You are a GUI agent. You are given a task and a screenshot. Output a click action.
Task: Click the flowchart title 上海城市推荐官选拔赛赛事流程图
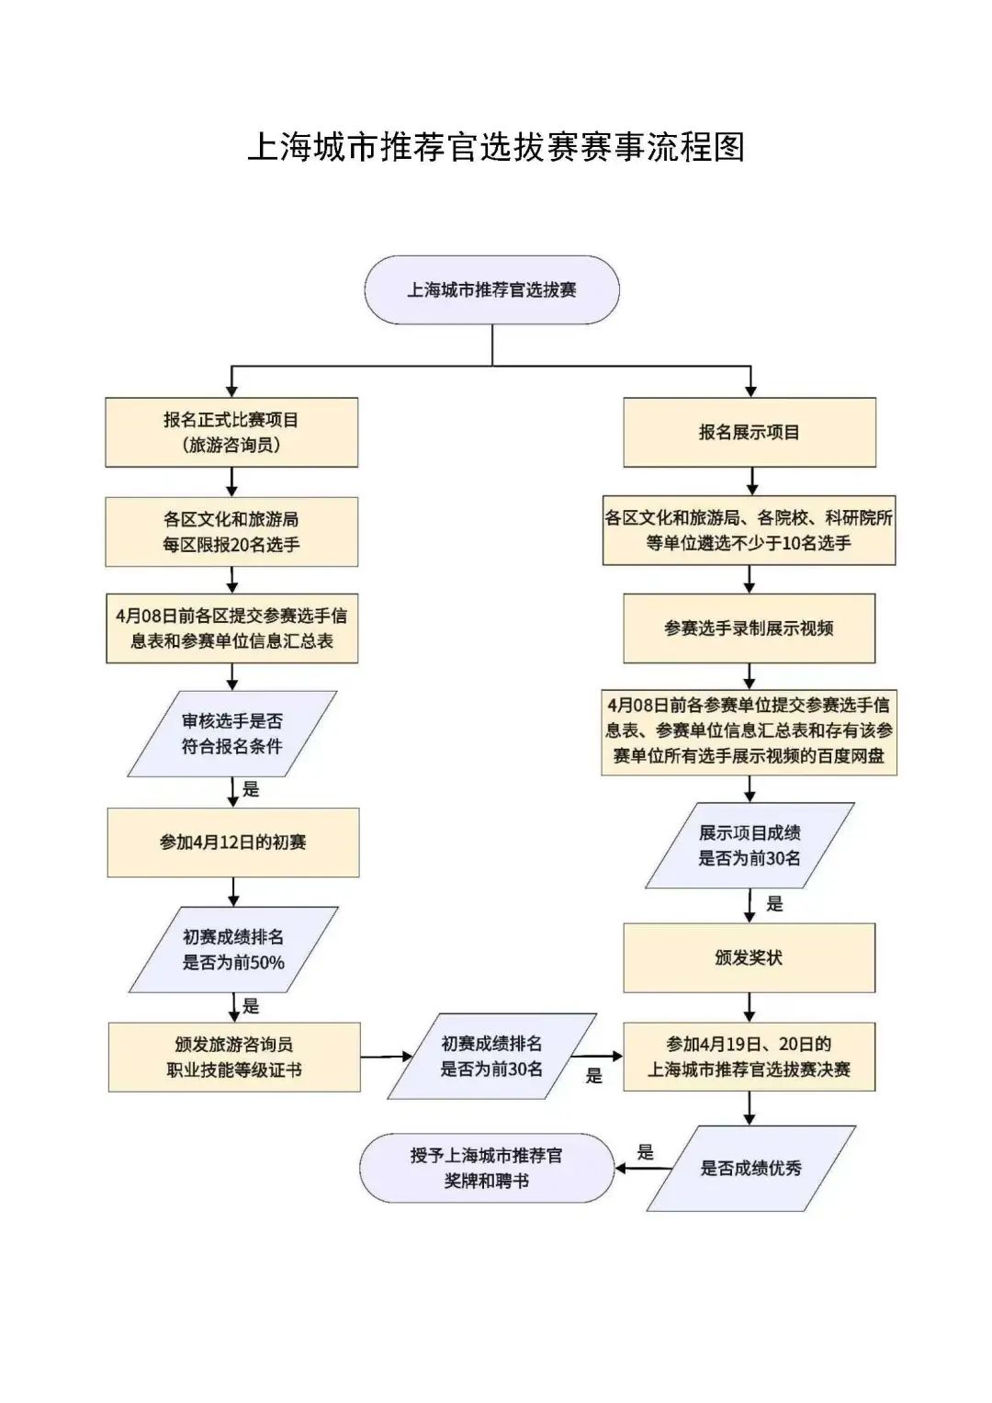(496, 147)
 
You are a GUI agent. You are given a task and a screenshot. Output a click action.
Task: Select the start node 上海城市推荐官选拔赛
(492, 290)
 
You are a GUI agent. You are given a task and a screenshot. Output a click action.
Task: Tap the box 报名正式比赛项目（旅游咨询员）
(231, 433)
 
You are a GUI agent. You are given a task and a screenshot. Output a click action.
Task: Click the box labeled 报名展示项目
(750, 433)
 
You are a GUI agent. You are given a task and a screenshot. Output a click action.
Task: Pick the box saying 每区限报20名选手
(231, 532)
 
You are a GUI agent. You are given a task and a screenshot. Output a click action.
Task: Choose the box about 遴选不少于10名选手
(750, 531)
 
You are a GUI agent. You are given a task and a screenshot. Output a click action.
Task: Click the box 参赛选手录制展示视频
(750, 628)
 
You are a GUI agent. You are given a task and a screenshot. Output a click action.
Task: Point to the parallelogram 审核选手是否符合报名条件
(232, 734)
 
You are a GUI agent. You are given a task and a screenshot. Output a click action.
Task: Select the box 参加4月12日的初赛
(233, 843)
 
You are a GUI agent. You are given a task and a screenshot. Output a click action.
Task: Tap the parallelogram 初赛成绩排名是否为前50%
(233, 950)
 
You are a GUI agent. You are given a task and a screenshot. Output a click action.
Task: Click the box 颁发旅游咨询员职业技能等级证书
(234, 1058)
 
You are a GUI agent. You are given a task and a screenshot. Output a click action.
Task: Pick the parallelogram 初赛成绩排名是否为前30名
(492, 1057)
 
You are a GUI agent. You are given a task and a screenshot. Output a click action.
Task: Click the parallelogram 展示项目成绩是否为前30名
(750, 845)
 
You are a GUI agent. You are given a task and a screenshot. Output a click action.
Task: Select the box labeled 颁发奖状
(750, 958)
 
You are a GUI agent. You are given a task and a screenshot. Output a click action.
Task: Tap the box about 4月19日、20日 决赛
(750, 1058)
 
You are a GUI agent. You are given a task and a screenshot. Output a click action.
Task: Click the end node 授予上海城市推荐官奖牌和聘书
(487, 1168)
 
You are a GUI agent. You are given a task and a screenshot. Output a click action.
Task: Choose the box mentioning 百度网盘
(750, 731)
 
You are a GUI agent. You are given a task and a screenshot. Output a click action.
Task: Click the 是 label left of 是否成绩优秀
(646, 1152)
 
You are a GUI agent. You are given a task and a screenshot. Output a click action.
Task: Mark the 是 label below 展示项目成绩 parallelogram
(775, 904)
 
